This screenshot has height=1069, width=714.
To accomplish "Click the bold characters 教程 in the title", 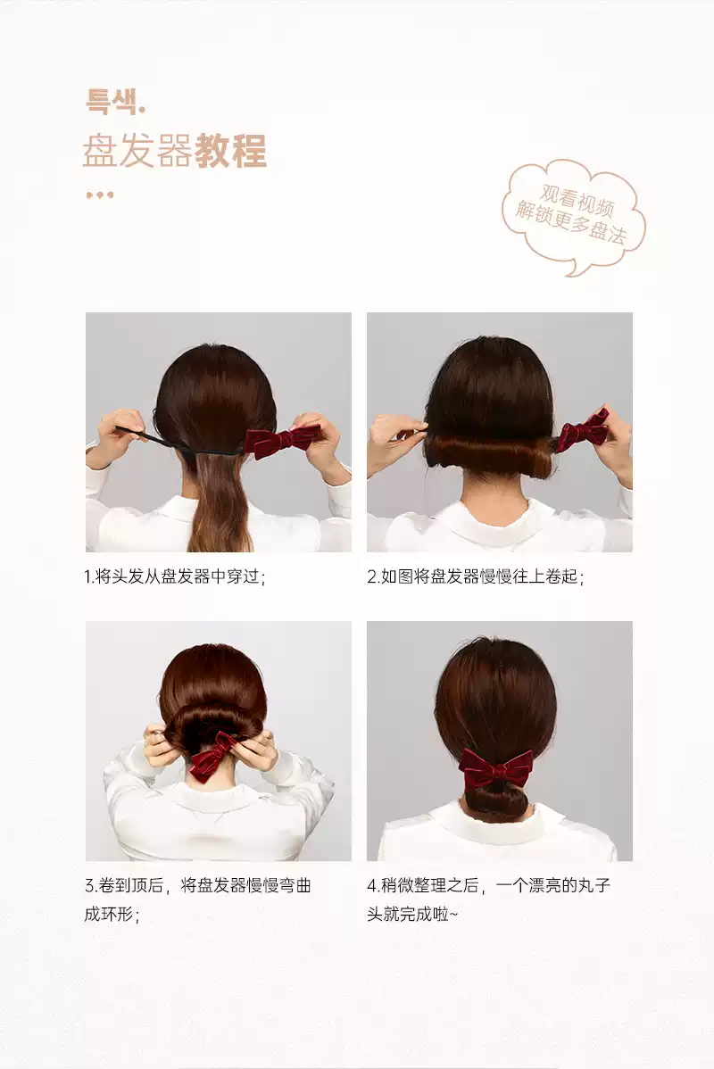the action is [230, 151].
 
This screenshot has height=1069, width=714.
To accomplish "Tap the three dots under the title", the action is [100, 195].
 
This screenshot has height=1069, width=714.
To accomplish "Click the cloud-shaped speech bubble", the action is [574, 216].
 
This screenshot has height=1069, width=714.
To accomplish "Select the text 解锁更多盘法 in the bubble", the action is [570, 222].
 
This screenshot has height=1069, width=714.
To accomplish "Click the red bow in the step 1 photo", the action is [283, 440].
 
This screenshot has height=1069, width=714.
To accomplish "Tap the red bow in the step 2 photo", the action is [583, 429].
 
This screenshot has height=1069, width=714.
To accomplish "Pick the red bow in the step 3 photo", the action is [212, 755].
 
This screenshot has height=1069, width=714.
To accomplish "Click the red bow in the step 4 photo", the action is [495, 768].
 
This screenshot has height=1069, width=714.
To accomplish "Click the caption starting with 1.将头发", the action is [175, 576].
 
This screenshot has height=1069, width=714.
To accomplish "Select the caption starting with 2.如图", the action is [476, 576].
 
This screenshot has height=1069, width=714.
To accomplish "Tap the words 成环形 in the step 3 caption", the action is [109, 914].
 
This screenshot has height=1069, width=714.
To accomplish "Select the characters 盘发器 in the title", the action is [137, 151].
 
